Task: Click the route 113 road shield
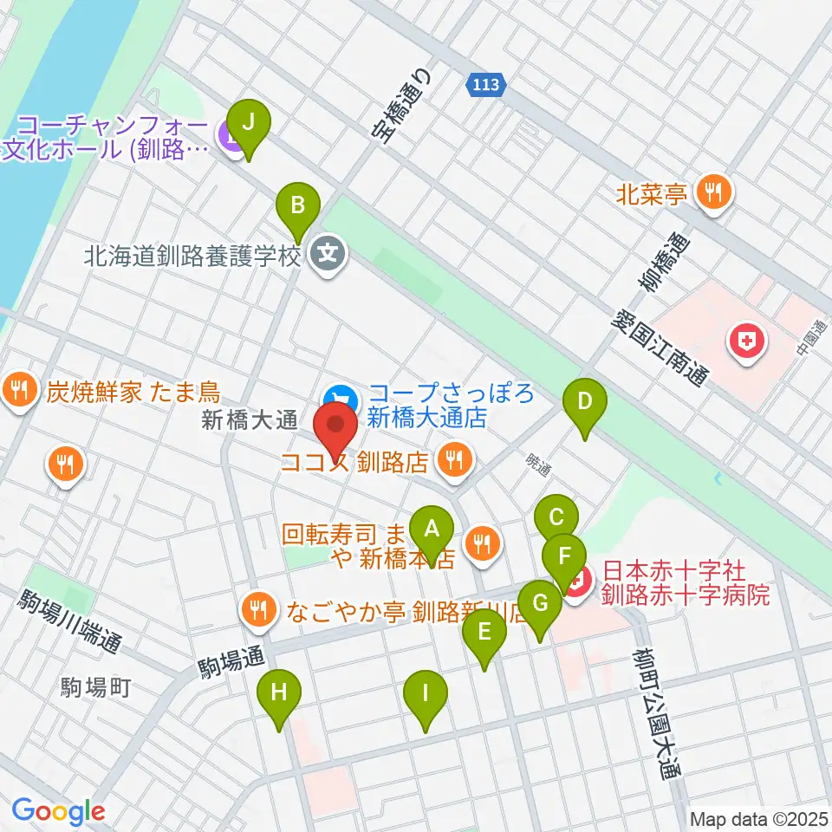(x=486, y=85)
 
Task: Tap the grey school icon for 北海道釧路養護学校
(x=328, y=254)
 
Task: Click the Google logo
(x=57, y=811)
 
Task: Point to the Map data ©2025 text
(x=758, y=818)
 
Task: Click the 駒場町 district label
(x=95, y=688)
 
